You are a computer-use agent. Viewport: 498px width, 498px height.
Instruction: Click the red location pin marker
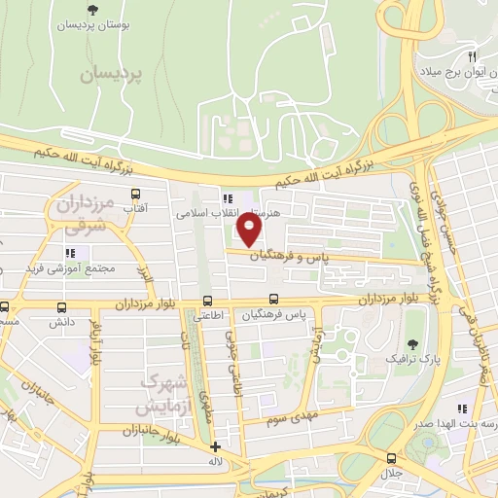coord(250,231)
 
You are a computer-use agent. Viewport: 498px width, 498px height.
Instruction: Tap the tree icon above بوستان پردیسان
coord(92,10)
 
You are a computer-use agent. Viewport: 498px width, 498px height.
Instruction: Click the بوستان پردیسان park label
coord(92,27)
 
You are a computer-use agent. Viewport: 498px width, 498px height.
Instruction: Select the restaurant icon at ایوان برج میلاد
coord(471,56)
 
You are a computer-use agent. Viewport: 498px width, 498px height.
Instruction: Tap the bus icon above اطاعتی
coord(207,301)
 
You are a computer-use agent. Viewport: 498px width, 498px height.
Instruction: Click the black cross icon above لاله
coord(215,447)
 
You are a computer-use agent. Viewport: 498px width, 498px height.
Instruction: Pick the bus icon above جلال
coord(391,457)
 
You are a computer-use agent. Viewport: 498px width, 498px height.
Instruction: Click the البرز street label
coord(146,278)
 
